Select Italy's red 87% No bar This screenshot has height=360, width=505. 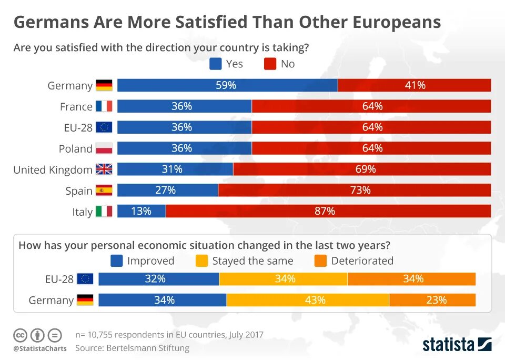328,211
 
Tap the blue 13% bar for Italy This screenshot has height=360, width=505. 141,211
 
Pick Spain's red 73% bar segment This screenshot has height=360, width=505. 354,190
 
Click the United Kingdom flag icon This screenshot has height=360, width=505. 104,169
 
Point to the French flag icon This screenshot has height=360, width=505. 104,106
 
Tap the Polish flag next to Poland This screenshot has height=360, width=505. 104,148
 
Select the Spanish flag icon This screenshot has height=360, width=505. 104,191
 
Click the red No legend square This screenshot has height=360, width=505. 270,64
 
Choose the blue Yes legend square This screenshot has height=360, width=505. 216,64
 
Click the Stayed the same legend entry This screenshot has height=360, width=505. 244,261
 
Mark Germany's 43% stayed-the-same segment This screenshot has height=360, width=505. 308,300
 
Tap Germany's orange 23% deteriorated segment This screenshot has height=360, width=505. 432,300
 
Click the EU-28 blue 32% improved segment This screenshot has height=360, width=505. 158,279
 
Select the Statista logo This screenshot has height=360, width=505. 457,345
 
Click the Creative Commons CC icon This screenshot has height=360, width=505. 20,335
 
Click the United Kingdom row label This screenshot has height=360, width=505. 53,169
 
